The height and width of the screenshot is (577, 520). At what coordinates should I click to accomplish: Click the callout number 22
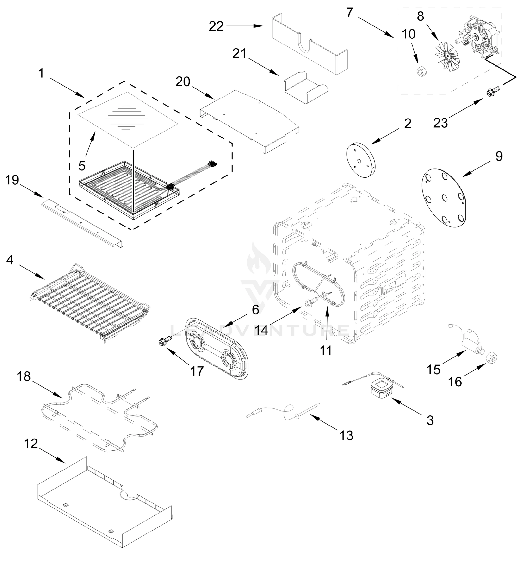tap(216, 27)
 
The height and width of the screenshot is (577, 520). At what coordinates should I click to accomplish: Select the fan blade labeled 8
tap(446, 55)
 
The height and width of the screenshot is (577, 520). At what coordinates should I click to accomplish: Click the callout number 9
tap(499, 156)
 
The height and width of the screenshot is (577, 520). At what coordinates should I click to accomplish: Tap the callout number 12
tap(31, 444)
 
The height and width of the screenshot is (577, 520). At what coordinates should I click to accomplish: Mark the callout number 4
tap(10, 260)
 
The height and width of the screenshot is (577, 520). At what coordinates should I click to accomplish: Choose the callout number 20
tap(183, 82)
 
